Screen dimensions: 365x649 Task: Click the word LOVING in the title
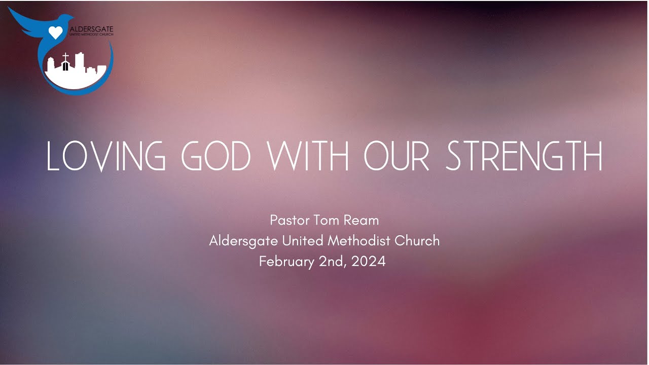pyautogui.click(x=105, y=156)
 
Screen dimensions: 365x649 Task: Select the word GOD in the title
pyautogui.click(x=217, y=156)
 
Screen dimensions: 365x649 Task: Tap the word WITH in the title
pyautogui.click(x=309, y=156)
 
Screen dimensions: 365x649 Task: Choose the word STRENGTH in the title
pyautogui.click(x=524, y=156)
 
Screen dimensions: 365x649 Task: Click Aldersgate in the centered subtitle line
pyautogui.click(x=243, y=241)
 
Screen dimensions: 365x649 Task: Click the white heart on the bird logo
pyautogui.click(x=55, y=33)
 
